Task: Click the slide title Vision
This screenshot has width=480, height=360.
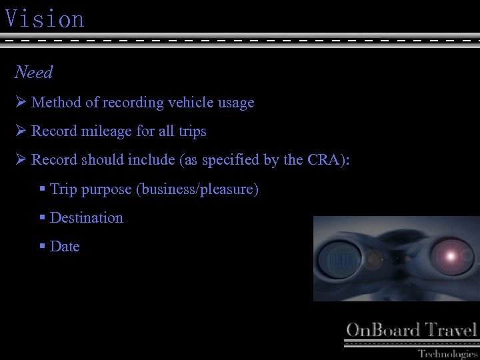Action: [x=45, y=19]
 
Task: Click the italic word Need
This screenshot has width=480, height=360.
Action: [x=34, y=72]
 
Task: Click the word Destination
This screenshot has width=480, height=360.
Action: [x=87, y=218]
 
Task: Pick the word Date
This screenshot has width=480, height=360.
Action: [x=65, y=247]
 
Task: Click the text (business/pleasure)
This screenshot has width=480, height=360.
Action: [x=197, y=189]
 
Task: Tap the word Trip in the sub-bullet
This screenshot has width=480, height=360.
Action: [x=64, y=189]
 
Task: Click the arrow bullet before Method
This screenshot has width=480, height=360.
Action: [x=20, y=103]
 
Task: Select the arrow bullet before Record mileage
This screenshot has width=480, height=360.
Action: [x=20, y=131]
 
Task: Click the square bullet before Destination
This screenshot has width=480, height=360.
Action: [x=43, y=218]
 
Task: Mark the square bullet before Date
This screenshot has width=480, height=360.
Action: [x=43, y=247]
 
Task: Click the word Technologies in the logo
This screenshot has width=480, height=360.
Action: [x=448, y=353]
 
